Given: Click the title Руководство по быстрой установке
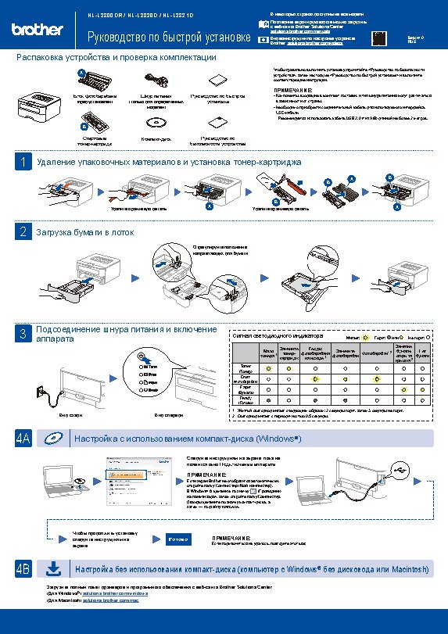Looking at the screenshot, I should (x=168, y=38).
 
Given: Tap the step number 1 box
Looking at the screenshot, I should (x=23, y=162).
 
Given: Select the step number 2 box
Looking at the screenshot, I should (x=23, y=232).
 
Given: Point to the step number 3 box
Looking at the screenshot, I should (x=23, y=335).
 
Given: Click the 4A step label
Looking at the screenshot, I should (x=23, y=439).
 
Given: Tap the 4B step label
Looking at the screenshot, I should (x=23, y=568).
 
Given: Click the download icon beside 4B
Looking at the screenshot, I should (x=53, y=568).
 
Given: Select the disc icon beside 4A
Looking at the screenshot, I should (x=53, y=439).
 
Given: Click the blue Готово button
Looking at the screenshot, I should (x=177, y=539).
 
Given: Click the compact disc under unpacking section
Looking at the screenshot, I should (x=156, y=122).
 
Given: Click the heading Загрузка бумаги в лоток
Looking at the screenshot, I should (x=80, y=232).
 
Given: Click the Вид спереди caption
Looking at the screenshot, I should (x=169, y=414).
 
